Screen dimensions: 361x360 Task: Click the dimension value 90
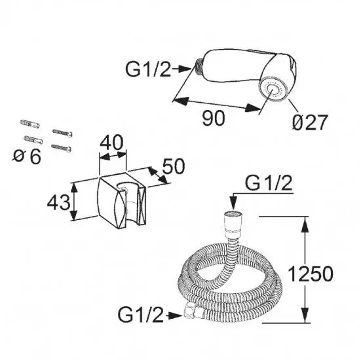click(213, 118)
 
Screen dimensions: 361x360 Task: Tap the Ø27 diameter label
click(310, 122)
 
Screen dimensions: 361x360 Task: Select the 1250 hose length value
click(311, 274)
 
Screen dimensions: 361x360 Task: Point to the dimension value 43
click(58, 202)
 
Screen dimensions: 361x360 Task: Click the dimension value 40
click(111, 143)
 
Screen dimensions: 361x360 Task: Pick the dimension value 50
click(174, 166)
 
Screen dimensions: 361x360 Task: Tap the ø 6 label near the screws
click(27, 156)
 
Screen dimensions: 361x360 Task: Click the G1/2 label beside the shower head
click(148, 69)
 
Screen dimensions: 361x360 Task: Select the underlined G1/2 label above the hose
click(269, 183)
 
